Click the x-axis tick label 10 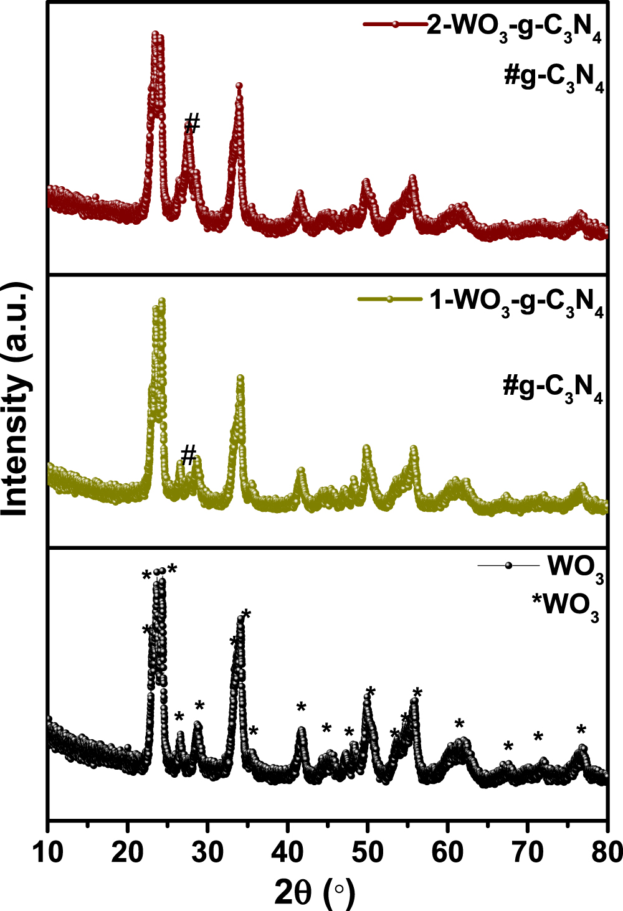coord(48,852)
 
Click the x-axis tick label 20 coord(128,852)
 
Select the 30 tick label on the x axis coord(207,852)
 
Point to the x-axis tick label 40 coord(287,852)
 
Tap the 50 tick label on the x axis coord(368,852)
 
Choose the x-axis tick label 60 coord(447,852)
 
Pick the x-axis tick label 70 coord(527,852)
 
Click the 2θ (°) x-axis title coord(315,894)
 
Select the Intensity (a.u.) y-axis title coord(16,399)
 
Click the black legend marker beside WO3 coord(508,565)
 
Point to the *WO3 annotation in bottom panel coord(565,605)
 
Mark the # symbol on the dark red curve coord(193,123)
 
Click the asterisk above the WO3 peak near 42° coord(302,707)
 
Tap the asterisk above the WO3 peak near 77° coord(581,730)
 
